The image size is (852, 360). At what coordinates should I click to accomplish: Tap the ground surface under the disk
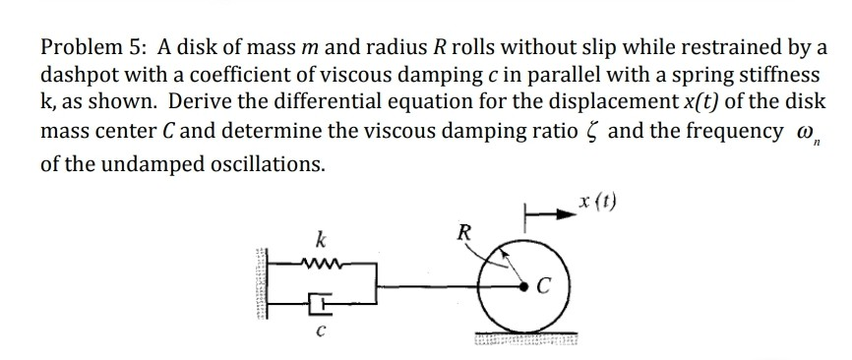(x=520, y=338)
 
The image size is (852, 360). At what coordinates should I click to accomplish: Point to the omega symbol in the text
(x=792, y=133)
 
